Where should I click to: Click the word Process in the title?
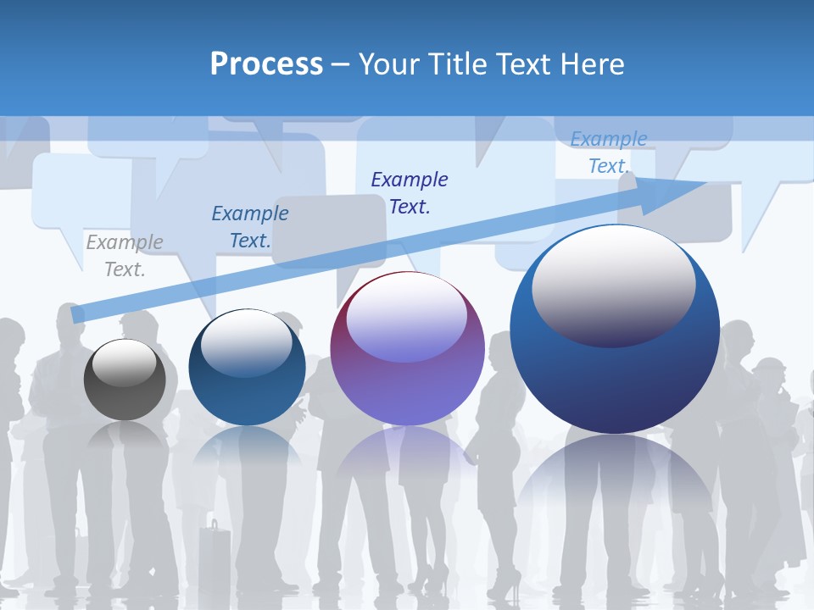click(266, 64)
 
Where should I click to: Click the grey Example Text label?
click(125, 256)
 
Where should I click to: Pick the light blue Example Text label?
click(609, 152)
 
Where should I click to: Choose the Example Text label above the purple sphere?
click(410, 192)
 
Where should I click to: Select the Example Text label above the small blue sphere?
click(250, 226)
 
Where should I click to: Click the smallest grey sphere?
click(125, 380)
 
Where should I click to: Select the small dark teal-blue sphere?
click(247, 367)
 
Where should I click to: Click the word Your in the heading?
click(389, 64)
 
